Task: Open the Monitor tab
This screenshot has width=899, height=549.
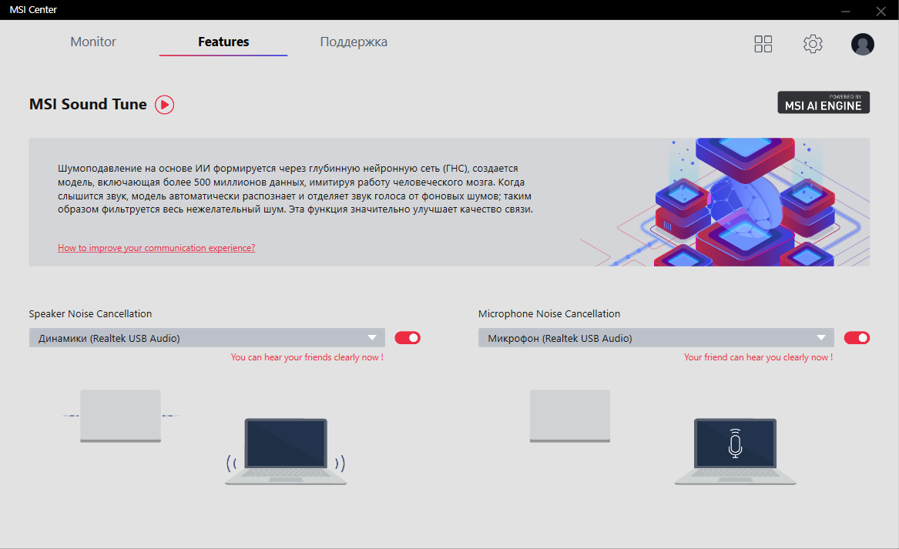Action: pos(93,42)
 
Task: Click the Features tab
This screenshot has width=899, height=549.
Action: pos(223,42)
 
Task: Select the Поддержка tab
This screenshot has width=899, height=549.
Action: pos(354,42)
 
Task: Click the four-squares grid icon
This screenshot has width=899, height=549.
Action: pos(763,44)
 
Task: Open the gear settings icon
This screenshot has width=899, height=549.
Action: pos(813,44)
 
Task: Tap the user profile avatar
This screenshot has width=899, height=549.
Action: pos(862,44)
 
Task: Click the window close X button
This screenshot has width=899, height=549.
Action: pos(881,11)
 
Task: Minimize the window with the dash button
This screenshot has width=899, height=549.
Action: pos(846,12)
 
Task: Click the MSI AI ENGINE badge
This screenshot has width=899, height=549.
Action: pos(824,102)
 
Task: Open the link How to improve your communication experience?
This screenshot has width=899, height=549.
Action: pos(156,248)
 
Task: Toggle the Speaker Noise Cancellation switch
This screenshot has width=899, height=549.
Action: pos(408,338)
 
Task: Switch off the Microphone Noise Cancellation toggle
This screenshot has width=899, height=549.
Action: pos(857,338)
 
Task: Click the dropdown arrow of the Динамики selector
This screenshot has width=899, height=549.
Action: pos(372,338)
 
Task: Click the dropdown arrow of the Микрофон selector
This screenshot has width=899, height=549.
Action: pos(821,338)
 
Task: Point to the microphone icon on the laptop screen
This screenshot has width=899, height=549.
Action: pos(735,443)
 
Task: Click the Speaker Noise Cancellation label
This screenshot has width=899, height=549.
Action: pos(91,313)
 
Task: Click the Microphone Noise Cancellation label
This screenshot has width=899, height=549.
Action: pos(549,313)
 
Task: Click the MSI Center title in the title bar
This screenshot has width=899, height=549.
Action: pos(33,10)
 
